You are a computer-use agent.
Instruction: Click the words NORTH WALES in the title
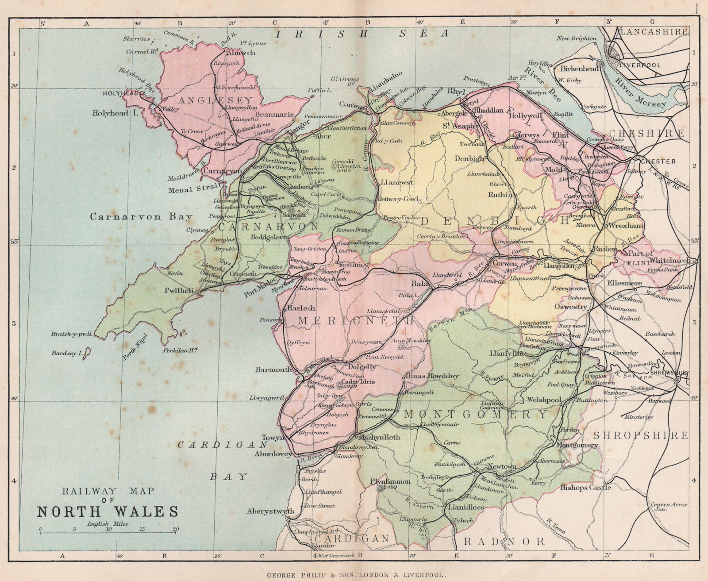pos(108,511)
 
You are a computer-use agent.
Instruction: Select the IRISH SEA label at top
pos(362,33)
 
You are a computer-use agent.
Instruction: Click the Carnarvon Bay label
pos(141,217)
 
